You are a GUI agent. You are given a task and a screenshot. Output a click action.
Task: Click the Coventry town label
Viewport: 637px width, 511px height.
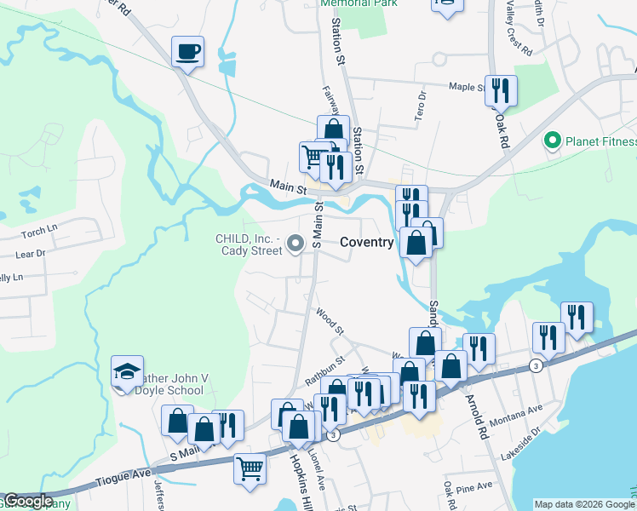(x=367, y=243)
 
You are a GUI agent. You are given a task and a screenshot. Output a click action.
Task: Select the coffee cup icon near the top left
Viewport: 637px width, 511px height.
(x=187, y=52)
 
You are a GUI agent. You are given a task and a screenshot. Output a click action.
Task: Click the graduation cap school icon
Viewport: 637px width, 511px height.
(x=128, y=371)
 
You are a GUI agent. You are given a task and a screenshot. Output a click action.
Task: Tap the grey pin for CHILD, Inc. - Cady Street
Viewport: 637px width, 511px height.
(x=296, y=244)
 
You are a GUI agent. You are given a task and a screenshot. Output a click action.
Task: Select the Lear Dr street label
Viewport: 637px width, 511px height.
(x=30, y=254)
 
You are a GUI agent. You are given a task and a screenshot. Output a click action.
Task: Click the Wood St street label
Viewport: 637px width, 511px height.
(x=328, y=322)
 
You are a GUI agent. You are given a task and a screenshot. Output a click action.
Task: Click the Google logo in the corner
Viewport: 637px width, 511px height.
(x=28, y=501)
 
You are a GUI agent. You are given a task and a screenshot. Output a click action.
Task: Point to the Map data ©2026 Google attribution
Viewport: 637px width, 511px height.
(x=583, y=504)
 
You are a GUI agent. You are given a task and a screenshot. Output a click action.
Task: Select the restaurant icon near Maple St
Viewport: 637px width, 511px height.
(x=502, y=89)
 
